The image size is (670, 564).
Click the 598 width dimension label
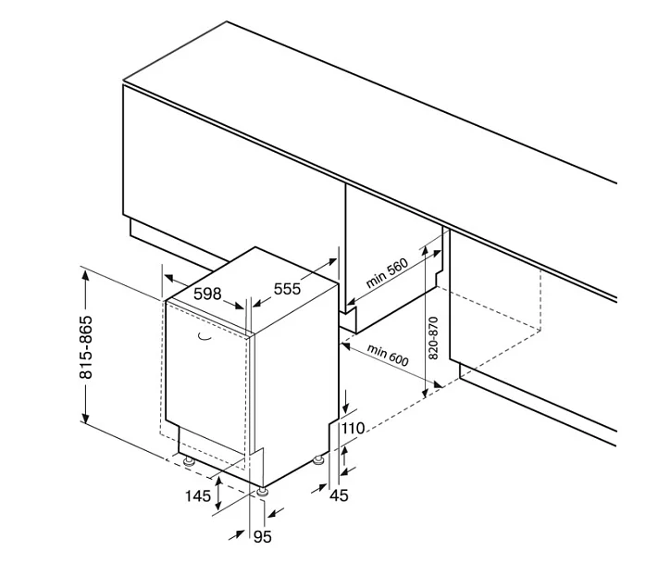point(207,294)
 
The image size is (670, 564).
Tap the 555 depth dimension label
point(287,289)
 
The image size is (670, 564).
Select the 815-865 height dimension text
point(86,347)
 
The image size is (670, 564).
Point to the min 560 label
point(387,273)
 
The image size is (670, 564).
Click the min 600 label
point(388,356)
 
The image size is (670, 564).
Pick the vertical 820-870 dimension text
point(433,338)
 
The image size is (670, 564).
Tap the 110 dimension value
point(353,428)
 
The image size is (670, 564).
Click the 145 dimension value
point(198,496)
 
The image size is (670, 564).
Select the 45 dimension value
point(340,495)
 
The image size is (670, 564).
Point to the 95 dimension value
point(263,537)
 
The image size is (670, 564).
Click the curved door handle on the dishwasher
point(205,338)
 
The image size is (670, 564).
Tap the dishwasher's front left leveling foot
point(189,461)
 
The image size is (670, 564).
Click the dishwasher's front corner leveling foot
point(262,492)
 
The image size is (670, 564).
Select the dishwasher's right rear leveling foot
point(318,460)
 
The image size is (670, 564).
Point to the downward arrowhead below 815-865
point(86,418)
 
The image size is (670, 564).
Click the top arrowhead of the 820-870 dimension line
point(425,250)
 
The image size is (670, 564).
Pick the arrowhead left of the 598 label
point(169,279)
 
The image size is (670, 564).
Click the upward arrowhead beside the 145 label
point(218,482)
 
